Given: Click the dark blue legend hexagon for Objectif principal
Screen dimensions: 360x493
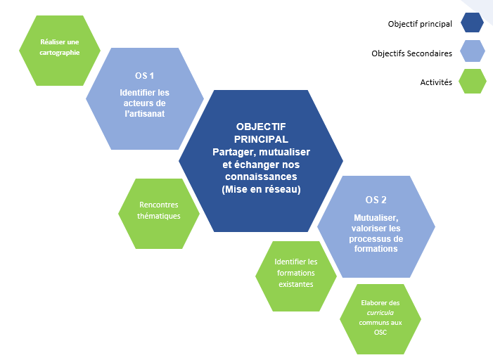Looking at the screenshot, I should [472, 23].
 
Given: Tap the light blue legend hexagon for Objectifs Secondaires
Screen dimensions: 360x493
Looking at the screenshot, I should [472, 52].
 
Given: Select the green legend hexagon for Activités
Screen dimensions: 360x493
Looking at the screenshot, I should [472, 81].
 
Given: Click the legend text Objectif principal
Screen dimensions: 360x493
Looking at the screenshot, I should [420, 24].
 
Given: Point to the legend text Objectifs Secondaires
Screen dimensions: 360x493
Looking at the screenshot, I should [412, 53].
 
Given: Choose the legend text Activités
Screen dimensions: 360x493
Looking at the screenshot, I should [436, 82].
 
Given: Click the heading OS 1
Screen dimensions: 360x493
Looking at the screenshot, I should [144, 75].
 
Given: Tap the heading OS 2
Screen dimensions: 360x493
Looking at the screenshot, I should [376, 199].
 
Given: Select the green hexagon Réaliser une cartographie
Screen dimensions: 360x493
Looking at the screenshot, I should [59, 47].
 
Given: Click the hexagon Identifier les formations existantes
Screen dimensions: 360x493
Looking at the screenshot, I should [295, 273].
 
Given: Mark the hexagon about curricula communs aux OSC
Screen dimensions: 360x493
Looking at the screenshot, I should [380, 316].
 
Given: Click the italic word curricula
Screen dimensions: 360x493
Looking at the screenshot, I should [380, 310].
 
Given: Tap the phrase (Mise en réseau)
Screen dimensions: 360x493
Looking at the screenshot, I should [261, 189].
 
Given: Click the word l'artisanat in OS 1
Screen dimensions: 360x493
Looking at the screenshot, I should [144, 113].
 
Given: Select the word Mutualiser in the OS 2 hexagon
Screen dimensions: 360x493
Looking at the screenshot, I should [376, 218].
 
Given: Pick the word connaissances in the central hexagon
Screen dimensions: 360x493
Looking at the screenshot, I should [261, 176].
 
